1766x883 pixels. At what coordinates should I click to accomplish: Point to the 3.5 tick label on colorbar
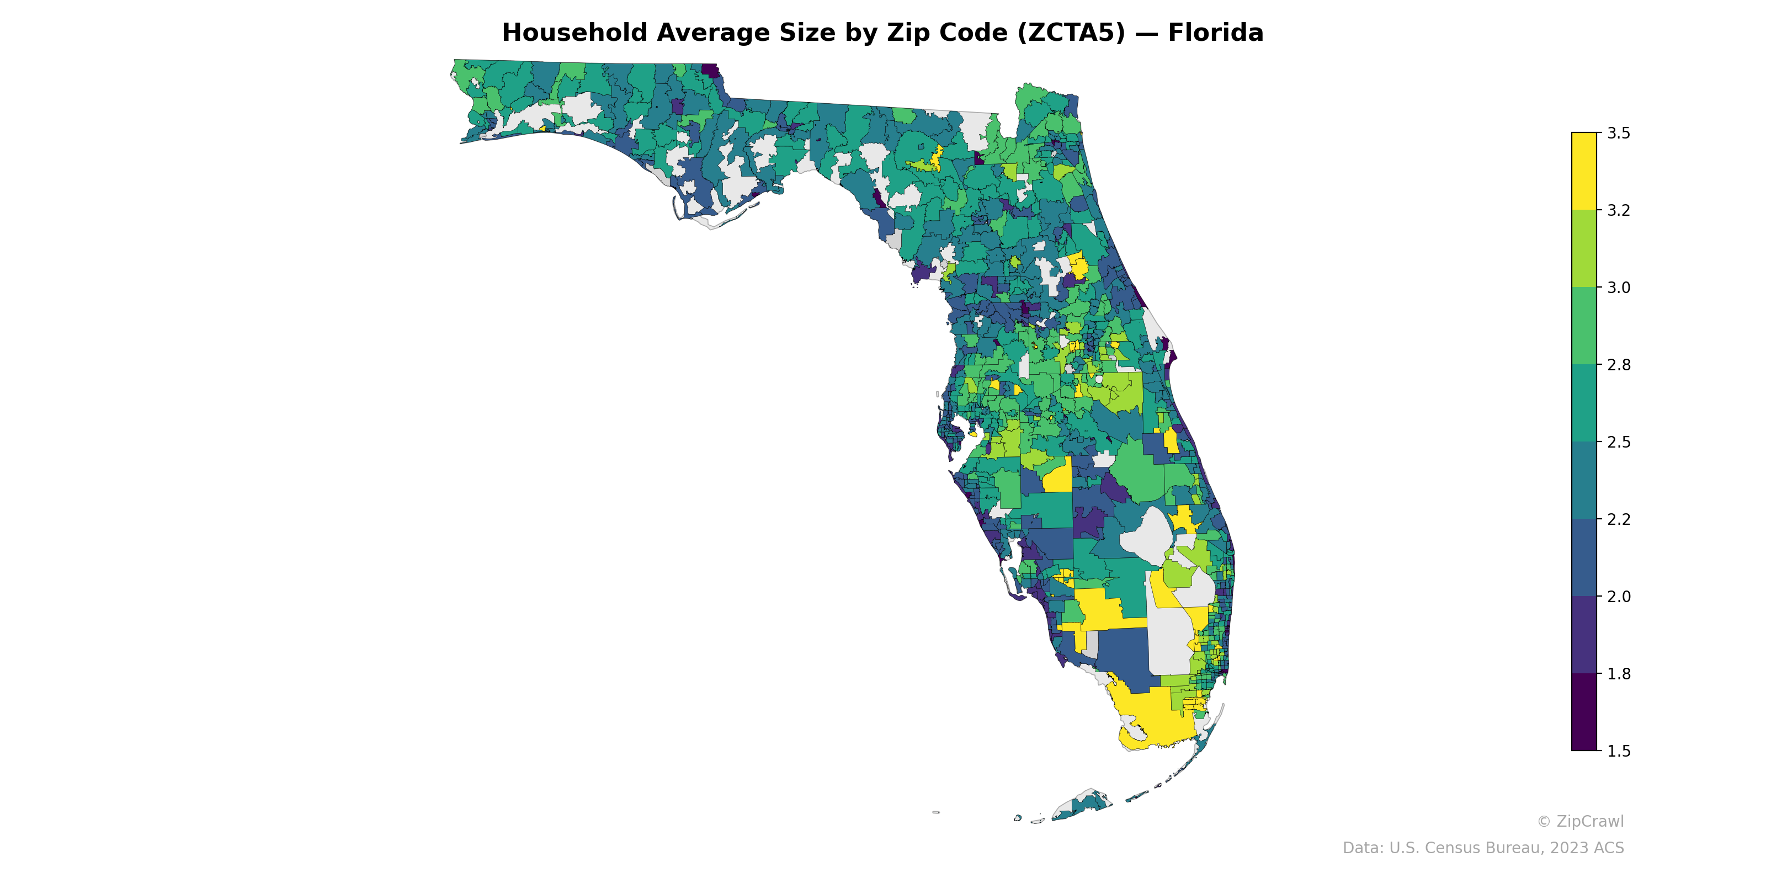pyautogui.click(x=1619, y=133)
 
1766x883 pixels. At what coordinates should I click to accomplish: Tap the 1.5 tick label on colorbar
pyautogui.click(x=1619, y=751)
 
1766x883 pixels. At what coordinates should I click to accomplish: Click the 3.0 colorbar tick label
pyautogui.click(x=1619, y=287)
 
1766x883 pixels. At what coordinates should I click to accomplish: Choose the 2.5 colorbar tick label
pyautogui.click(x=1619, y=442)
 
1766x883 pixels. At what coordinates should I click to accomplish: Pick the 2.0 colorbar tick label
pyautogui.click(x=1619, y=597)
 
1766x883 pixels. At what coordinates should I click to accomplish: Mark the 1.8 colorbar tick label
pyautogui.click(x=1619, y=674)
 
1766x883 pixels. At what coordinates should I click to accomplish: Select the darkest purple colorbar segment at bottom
pyautogui.click(x=1584, y=712)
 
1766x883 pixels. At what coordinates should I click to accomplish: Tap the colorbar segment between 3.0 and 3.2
pyautogui.click(x=1584, y=248)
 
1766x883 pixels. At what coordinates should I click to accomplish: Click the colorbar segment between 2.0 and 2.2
pyautogui.click(x=1584, y=557)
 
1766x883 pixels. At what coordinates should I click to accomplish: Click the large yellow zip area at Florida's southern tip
pyautogui.click(x=1152, y=716)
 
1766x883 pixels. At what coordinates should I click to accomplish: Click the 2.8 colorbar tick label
pyautogui.click(x=1619, y=365)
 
